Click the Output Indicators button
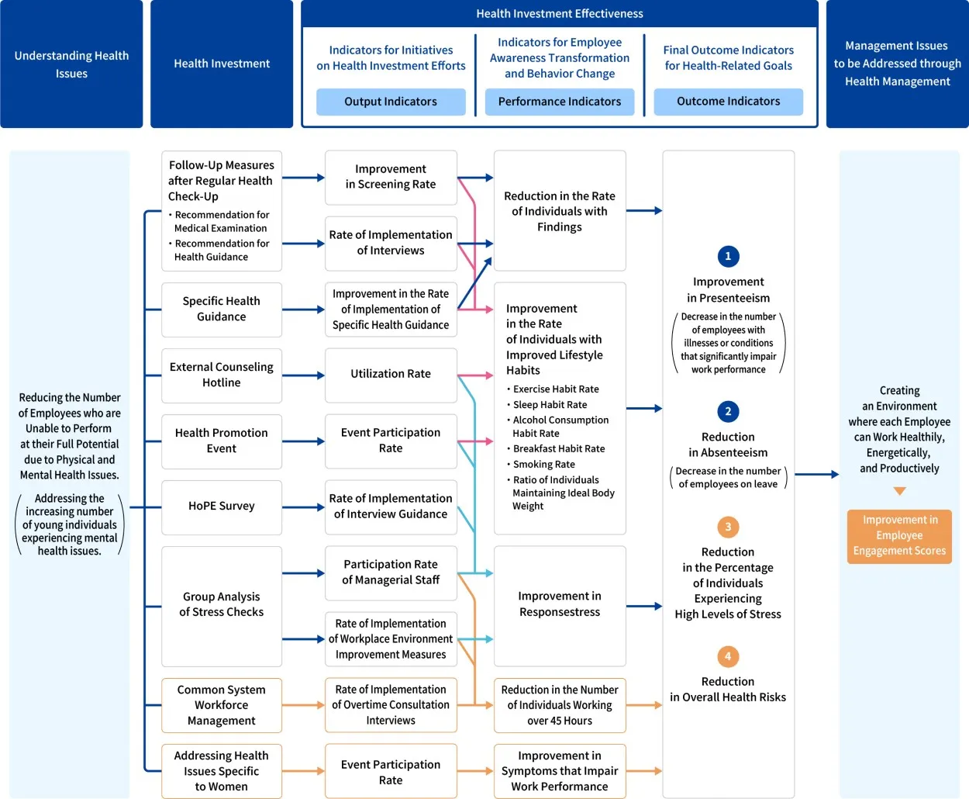click(x=391, y=102)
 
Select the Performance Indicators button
click(x=560, y=102)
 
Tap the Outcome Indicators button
click(x=729, y=102)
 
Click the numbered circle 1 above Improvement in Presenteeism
click(x=728, y=257)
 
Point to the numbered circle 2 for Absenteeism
click(x=728, y=412)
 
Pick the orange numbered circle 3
click(x=728, y=527)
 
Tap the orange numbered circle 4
click(x=728, y=657)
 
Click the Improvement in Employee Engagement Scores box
click(x=899, y=536)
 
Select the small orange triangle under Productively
click(x=899, y=491)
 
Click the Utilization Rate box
click(x=391, y=375)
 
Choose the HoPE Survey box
click(x=222, y=507)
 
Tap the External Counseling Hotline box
click(x=222, y=375)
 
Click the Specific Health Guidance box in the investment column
click(x=222, y=310)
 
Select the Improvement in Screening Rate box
click(x=391, y=177)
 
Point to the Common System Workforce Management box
click(x=222, y=705)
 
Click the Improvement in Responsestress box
click(x=560, y=605)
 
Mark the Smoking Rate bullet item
click(x=544, y=465)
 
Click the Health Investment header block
click(x=222, y=64)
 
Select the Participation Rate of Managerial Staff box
click(x=391, y=572)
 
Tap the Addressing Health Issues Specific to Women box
click(x=222, y=771)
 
